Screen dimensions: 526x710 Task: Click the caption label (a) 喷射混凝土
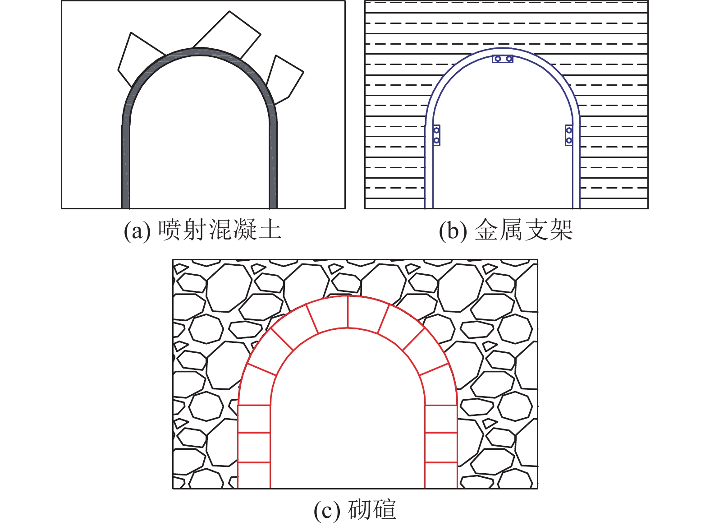tap(203, 230)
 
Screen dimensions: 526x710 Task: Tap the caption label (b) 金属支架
tap(506, 230)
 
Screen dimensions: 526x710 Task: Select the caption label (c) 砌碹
tap(355, 510)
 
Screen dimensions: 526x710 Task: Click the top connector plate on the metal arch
tap(503, 59)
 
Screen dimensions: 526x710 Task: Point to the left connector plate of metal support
tap(436, 135)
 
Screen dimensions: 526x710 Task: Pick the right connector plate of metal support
tap(569, 135)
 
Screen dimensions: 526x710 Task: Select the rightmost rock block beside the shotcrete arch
tap(284, 79)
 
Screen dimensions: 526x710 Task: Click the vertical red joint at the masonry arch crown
tap(348, 312)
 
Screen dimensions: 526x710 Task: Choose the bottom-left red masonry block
tap(254, 475)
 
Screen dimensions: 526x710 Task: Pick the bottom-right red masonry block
tap(441, 475)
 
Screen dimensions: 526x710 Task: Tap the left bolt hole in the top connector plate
tap(497, 59)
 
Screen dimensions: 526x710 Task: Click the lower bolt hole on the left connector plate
tap(436, 141)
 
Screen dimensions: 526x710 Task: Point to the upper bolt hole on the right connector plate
tap(569, 130)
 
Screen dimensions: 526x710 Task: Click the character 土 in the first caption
tap(271, 230)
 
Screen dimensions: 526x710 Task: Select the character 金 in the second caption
tap(486, 230)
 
